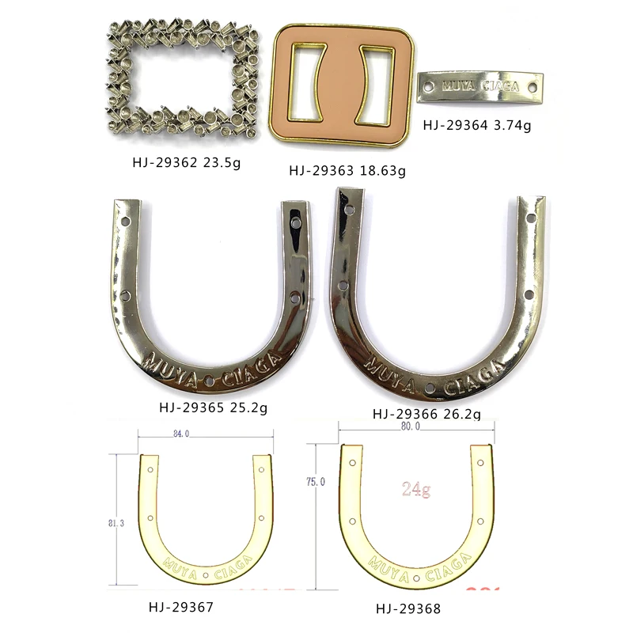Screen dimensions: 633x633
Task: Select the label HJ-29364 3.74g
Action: [476, 124]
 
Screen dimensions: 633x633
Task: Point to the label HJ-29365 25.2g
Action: [214, 408]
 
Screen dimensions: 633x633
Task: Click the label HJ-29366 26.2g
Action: [426, 413]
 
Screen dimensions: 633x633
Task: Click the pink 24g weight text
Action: [415, 490]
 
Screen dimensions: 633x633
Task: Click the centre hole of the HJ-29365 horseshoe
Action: [208, 381]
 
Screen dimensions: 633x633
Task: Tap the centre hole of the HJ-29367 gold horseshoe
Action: [206, 574]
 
